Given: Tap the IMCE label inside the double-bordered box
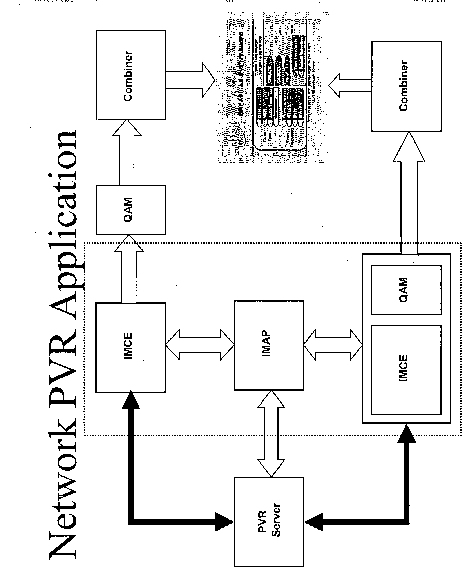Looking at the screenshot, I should click(403, 368).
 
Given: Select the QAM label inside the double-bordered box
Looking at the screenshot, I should click(403, 290).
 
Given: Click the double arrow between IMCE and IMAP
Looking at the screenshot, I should click(200, 344).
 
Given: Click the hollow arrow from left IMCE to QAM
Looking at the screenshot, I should click(129, 271).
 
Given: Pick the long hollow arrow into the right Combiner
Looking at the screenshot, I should click(409, 197).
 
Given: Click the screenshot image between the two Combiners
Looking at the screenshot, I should click(272, 88).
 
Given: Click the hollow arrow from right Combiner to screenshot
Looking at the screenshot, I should click(347, 86).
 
